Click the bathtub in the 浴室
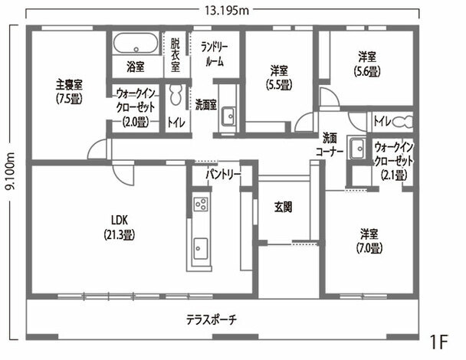(136, 43)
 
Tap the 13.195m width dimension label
(226, 11)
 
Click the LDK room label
(120, 221)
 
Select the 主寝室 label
(69, 85)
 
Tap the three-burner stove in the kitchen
(201, 204)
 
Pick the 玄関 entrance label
(283, 207)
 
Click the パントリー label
(224, 175)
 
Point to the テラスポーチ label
(212, 320)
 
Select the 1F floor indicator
(438, 342)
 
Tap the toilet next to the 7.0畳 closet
(403, 122)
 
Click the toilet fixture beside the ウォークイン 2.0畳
(176, 95)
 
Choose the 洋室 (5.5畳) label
(279, 77)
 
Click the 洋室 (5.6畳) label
(367, 64)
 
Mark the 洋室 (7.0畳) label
(369, 241)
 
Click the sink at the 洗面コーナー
(357, 149)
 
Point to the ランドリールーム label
(215, 54)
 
